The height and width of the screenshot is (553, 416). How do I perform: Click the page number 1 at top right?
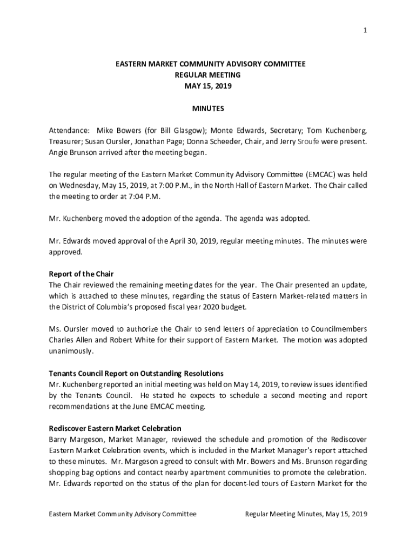(365, 30)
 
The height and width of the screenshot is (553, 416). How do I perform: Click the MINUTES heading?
(208, 109)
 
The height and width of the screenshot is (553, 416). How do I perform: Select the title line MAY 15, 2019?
(208, 86)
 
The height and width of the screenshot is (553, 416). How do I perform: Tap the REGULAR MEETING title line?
(208, 75)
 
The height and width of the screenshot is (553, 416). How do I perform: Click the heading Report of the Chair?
(81, 274)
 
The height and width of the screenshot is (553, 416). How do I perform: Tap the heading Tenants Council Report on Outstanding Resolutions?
(136, 373)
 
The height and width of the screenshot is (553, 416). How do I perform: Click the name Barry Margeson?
(73, 439)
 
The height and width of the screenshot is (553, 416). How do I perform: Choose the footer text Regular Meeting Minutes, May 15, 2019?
(306, 514)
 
